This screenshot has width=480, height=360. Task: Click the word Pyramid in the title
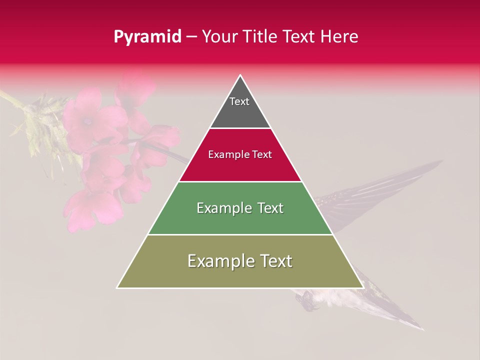pyautogui.click(x=147, y=37)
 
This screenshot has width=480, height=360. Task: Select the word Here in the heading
pyautogui.click(x=339, y=37)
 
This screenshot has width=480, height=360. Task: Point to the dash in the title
pyautogui.click(x=191, y=37)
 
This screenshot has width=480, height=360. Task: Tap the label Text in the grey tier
pyautogui.click(x=239, y=101)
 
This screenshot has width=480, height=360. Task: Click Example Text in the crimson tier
pyautogui.click(x=240, y=154)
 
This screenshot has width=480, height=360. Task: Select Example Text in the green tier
pyautogui.click(x=240, y=208)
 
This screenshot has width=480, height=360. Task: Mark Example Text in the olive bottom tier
pyautogui.click(x=240, y=261)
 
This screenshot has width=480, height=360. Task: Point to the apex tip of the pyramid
pyautogui.click(x=240, y=76)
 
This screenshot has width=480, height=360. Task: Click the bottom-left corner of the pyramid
pyautogui.click(x=118, y=287)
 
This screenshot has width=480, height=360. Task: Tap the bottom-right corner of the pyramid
pyautogui.click(x=362, y=287)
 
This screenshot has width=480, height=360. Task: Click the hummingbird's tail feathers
pyautogui.click(x=395, y=315)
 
